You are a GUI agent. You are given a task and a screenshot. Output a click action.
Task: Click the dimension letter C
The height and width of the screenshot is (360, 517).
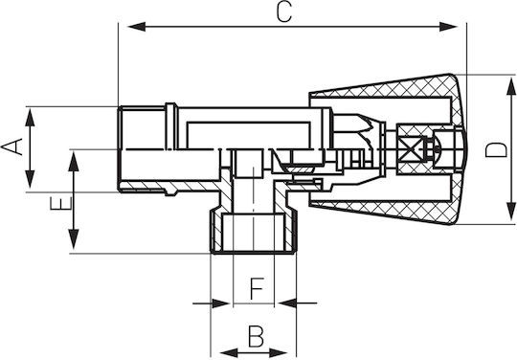coord(284,12)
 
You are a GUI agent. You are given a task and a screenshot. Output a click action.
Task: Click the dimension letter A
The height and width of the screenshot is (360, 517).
coord(12,146)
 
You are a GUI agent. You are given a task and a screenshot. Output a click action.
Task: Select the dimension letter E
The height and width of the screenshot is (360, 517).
coord(61,203)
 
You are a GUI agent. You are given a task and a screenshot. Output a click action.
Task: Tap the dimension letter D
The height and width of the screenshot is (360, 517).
coord(496,150)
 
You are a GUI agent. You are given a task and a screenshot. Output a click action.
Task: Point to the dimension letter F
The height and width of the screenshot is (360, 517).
coord(257,288)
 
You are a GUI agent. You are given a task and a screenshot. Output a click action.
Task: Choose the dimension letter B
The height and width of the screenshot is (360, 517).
coord(256,337)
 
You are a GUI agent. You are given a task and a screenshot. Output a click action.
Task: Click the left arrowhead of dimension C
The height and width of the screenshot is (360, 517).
coord(136,27)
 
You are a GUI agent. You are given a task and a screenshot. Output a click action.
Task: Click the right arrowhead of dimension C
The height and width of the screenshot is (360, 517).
coord(448,27)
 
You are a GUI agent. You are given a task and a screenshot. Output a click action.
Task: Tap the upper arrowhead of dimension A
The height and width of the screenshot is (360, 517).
coord(30,118)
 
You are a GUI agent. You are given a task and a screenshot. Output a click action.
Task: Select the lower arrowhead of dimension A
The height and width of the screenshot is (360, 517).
coord(30,180)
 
